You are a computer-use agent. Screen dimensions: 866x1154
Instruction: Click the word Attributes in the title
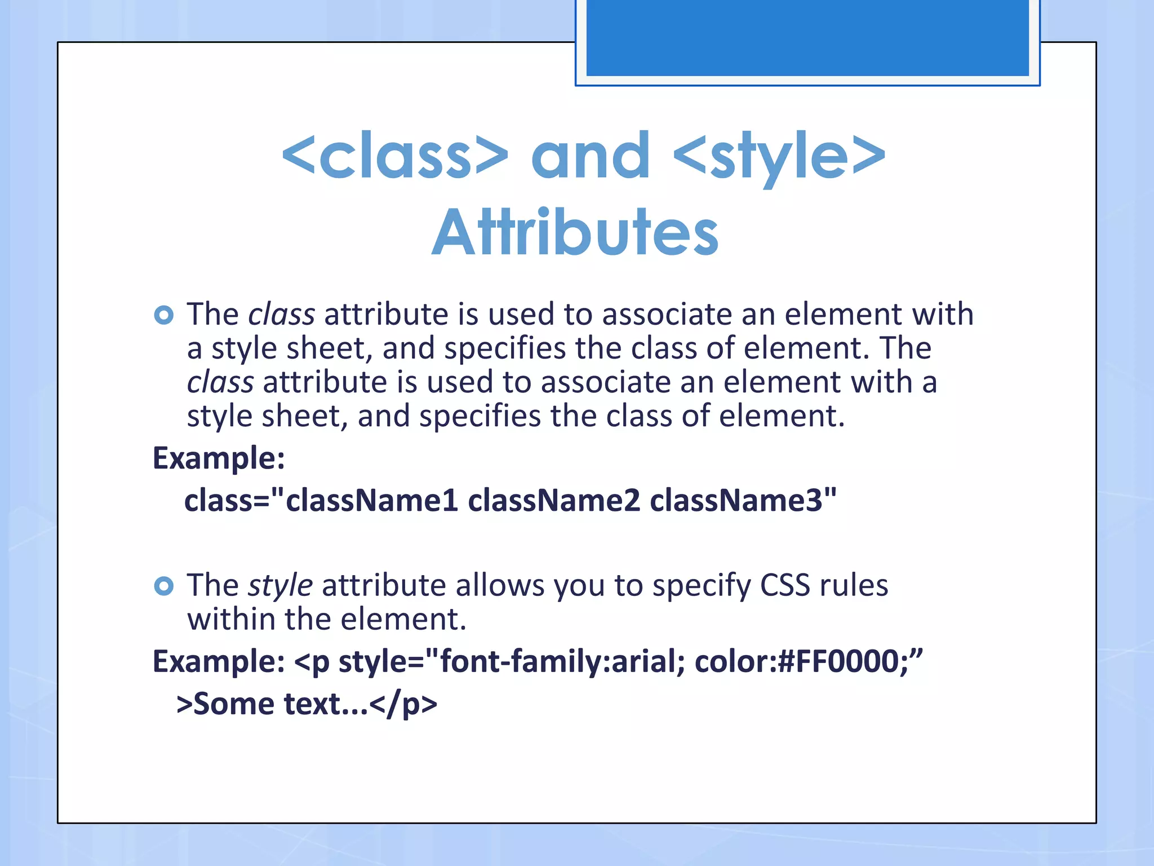click(575, 233)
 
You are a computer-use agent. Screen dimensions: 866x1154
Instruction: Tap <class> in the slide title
click(395, 155)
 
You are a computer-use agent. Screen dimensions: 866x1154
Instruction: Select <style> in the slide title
click(779, 155)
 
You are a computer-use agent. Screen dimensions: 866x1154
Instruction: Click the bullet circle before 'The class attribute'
click(163, 315)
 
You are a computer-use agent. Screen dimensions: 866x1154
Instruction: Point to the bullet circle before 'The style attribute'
click(163, 586)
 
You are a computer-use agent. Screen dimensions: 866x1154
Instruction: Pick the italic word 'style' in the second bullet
click(281, 586)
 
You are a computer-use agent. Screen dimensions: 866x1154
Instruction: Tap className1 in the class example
click(372, 501)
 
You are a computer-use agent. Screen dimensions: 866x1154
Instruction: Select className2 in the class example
click(554, 501)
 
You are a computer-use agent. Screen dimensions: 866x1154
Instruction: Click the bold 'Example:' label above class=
click(219, 458)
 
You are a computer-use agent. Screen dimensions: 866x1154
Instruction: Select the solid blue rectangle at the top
click(807, 37)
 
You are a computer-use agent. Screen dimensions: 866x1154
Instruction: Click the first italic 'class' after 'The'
click(282, 315)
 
